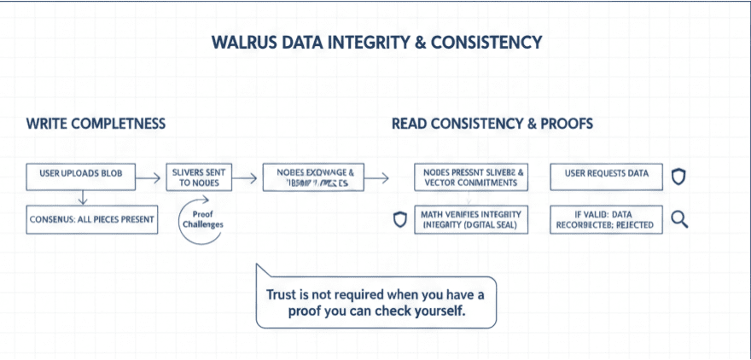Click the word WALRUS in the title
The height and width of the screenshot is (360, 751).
click(243, 41)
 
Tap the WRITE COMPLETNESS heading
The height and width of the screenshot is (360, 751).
click(96, 124)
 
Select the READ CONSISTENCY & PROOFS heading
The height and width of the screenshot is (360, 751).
click(492, 124)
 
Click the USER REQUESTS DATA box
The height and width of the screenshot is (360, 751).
click(606, 174)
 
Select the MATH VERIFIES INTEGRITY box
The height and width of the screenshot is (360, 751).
click(470, 219)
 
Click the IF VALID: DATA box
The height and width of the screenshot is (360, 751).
click(605, 219)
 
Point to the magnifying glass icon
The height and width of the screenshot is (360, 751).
click(680, 219)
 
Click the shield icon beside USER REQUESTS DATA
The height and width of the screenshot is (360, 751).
click(679, 176)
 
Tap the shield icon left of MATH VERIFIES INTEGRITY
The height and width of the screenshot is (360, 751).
click(399, 219)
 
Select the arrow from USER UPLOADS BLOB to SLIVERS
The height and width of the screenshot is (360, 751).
click(148, 177)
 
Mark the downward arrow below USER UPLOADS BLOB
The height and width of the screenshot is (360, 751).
click(82, 198)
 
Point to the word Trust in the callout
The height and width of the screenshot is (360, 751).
click(282, 294)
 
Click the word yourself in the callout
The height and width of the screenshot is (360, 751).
click(437, 311)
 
